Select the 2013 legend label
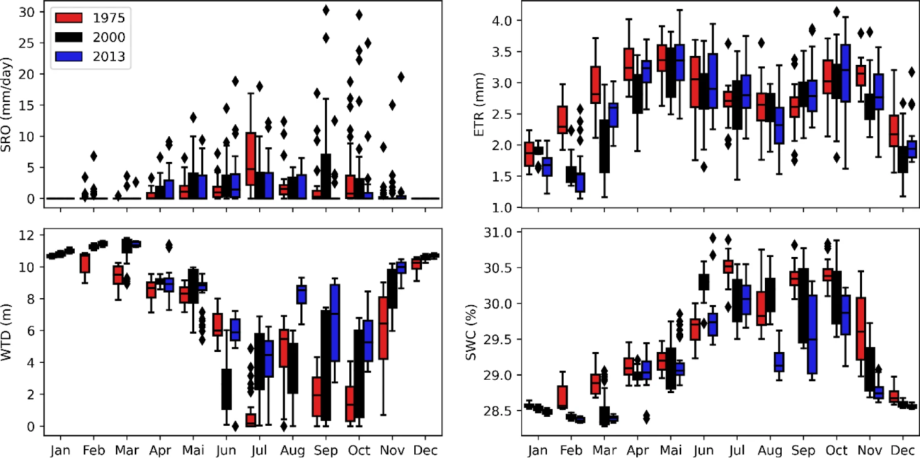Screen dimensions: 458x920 [x=111, y=57]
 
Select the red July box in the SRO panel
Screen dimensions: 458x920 [x=251, y=159]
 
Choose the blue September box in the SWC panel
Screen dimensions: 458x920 [x=812, y=334]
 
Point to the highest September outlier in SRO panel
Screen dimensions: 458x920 [x=326, y=10]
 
